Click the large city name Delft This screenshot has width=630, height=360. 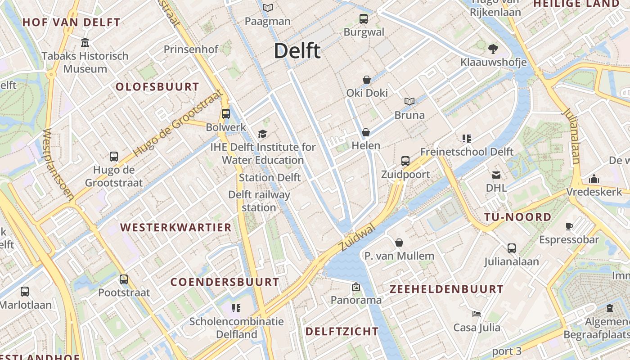(297, 51)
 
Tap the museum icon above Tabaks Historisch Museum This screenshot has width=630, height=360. (85, 43)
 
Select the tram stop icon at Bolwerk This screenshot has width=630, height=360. (226, 114)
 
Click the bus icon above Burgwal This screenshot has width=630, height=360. (364, 19)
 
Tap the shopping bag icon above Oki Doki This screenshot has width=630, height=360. (367, 80)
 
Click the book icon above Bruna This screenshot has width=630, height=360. (409, 102)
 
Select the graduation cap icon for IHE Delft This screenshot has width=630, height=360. (262, 134)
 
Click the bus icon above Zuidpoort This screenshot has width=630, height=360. (405, 161)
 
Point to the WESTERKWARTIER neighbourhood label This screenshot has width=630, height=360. (176, 227)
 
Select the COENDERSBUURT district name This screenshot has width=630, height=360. (225, 282)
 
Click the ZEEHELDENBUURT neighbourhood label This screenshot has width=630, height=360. (446, 289)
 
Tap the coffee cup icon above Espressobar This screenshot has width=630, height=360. (569, 227)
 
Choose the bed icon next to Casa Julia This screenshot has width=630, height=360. (477, 314)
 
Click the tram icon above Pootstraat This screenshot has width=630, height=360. (124, 279)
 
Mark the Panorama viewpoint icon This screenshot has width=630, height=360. (356, 287)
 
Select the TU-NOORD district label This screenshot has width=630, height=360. (517, 217)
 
